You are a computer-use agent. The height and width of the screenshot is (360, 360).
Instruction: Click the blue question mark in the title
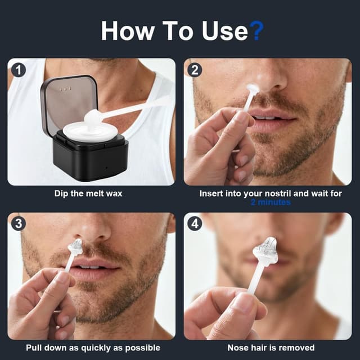coord(256,31)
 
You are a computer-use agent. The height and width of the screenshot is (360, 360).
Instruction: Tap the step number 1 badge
coord(18,70)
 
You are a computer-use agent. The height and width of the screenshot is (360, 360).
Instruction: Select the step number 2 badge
coord(195,70)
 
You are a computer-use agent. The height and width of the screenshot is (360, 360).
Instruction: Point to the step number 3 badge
coord(18,223)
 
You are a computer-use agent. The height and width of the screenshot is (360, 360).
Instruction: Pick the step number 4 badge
coord(195,223)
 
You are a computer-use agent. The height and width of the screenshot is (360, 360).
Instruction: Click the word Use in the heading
coord(225,31)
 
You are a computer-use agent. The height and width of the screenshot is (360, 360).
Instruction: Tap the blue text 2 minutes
coord(271,202)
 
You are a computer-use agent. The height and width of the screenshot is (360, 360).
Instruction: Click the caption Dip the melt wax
coord(88,193)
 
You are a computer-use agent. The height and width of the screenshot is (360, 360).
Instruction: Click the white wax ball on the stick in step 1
coord(93,116)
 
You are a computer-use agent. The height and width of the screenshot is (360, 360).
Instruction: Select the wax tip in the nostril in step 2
coord(252,88)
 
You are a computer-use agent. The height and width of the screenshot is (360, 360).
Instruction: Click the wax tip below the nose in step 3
coord(75,247)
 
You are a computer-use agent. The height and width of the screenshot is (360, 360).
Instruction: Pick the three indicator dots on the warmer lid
coord(65,89)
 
